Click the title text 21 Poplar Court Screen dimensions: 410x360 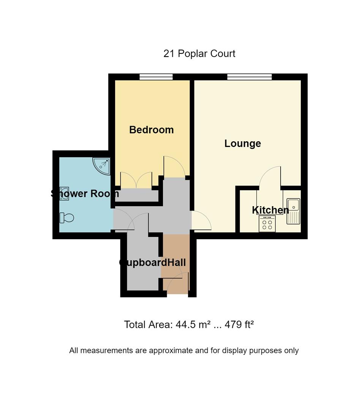tap(199, 54)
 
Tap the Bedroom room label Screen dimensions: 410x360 tap(151, 130)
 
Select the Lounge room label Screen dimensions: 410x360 tap(242, 143)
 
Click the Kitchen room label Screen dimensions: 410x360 tap(270, 210)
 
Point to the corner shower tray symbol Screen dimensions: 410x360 tap(102, 165)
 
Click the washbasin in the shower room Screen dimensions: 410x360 tap(64, 193)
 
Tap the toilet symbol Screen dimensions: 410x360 tap(66, 218)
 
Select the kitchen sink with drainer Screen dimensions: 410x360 tap(293, 211)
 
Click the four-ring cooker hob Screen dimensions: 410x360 tap(267, 224)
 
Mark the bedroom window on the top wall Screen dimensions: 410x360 tap(156, 77)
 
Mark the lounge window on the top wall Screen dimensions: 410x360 tap(249, 77)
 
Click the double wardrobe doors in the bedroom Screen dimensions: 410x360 tap(136, 180)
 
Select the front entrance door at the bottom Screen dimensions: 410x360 tap(177, 285)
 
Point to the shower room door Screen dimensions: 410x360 tap(123, 220)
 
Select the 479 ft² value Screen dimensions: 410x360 tap(239, 325)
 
